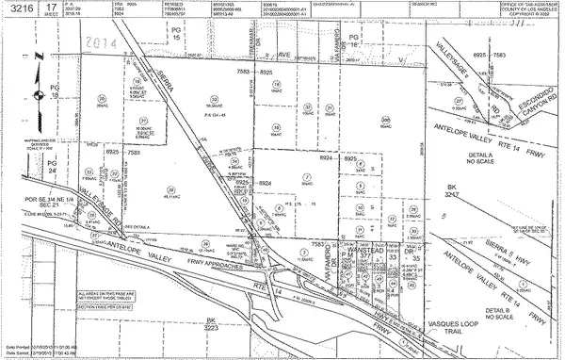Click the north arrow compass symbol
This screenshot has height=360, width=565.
39,94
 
